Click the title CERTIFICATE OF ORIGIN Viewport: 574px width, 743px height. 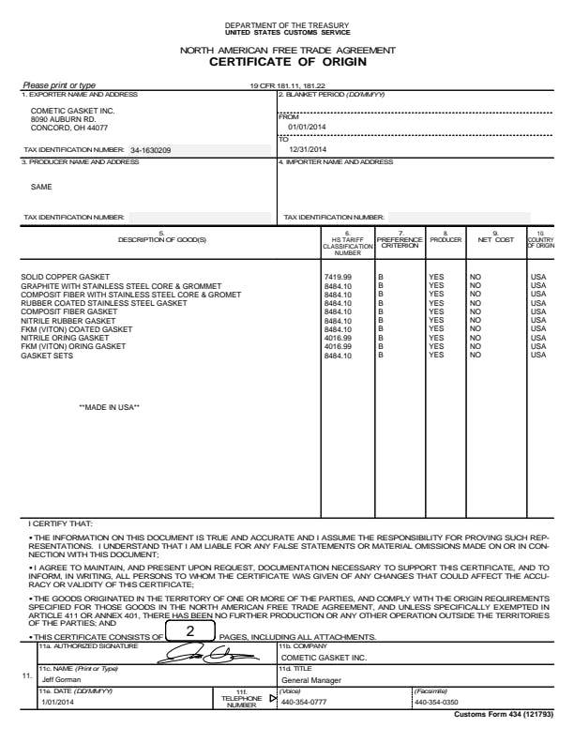(287, 62)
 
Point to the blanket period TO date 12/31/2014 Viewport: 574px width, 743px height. (307, 149)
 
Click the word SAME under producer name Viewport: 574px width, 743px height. (41, 186)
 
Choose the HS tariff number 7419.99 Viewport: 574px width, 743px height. (338, 278)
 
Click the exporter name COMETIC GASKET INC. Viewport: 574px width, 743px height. (72, 111)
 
